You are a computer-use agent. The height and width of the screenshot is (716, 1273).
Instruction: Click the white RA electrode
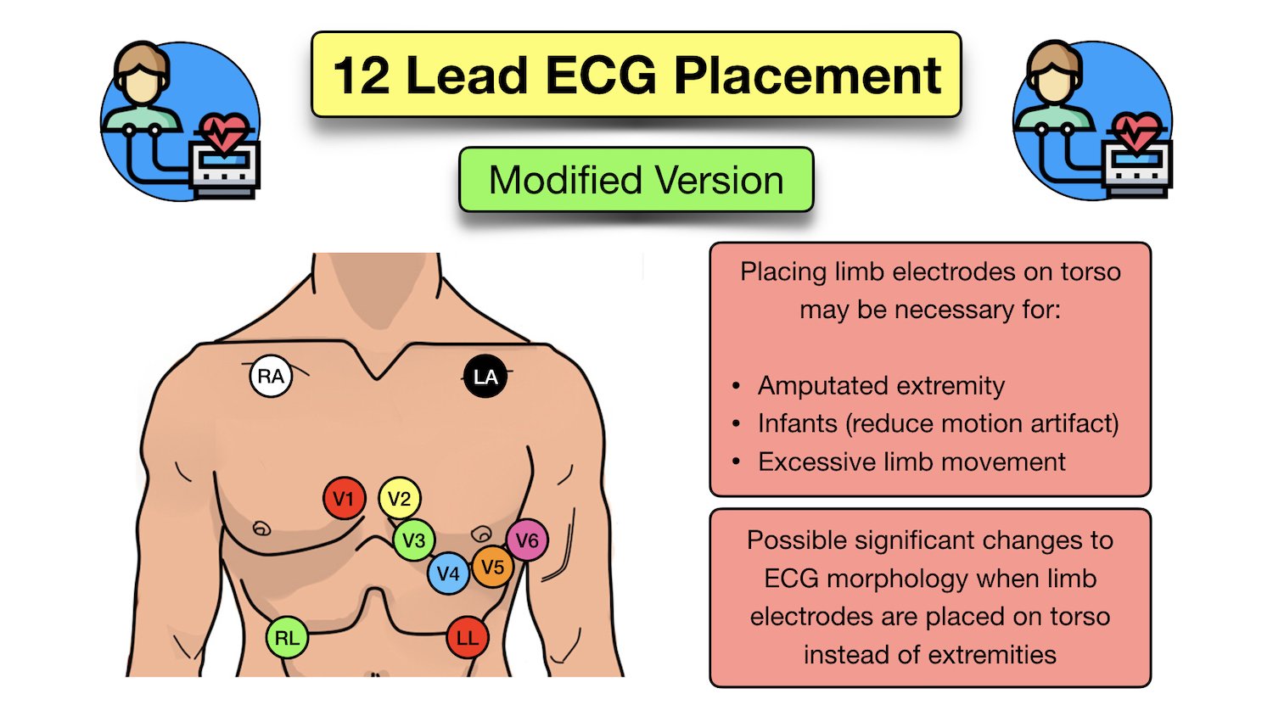[x=271, y=376]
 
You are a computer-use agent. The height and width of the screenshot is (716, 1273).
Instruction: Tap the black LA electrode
[x=485, y=377]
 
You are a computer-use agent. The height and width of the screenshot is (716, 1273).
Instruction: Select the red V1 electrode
[x=344, y=499]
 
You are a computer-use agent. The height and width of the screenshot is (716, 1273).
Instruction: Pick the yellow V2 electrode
[x=400, y=499]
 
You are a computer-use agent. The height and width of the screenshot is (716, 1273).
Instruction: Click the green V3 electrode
[x=414, y=540]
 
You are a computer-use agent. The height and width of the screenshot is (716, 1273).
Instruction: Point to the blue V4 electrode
[x=447, y=573]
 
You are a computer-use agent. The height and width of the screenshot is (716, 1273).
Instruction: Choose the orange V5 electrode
[x=493, y=568]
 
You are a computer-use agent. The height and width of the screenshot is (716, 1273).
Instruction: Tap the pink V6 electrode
[x=527, y=540]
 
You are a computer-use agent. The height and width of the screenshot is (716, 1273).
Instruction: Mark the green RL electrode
[x=287, y=638]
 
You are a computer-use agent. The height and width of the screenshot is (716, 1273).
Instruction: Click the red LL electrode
[x=468, y=638]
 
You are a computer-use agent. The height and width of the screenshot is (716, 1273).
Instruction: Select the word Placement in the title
[x=807, y=76]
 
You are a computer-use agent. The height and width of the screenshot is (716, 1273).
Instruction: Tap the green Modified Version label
[x=636, y=180]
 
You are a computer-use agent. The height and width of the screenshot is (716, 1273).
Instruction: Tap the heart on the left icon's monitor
[x=222, y=131]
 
